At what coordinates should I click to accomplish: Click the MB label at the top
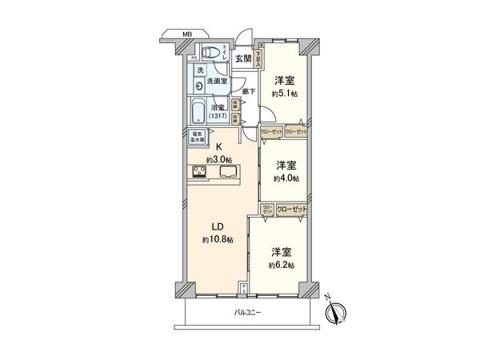tap(186, 34)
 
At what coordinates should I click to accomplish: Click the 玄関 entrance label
tap(243, 58)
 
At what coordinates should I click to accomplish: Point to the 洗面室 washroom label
tap(218, 82)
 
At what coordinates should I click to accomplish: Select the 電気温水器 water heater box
tap(198, 137)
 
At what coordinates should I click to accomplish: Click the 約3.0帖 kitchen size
tap(218, 160)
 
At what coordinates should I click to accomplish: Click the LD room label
tap(218, 226)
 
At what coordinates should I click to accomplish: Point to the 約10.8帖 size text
tap(218, 239)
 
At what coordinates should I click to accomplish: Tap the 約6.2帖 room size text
tap(282, 265)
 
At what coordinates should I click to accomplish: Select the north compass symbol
tap(338, 312)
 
